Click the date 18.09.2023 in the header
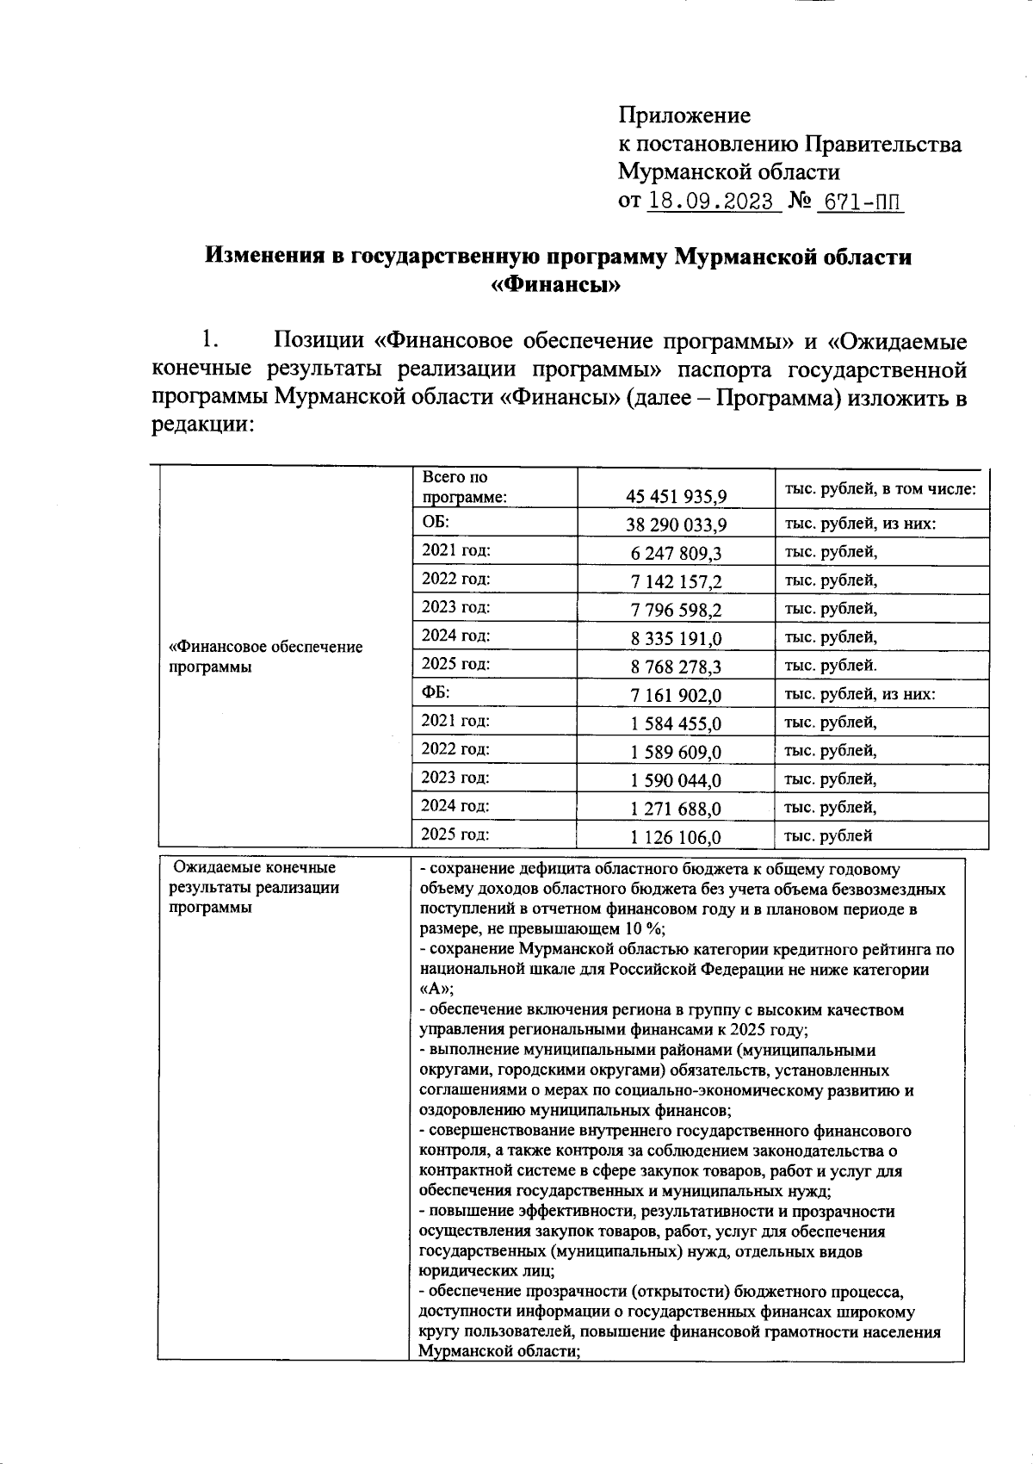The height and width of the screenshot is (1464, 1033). [710, 202]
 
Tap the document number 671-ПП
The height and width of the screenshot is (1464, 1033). [860, 202]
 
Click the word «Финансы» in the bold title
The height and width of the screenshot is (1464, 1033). [557, 285]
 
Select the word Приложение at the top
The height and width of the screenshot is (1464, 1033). [684, 115]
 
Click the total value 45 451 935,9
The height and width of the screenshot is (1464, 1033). [677, 496]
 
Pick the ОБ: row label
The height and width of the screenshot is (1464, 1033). [436, 522]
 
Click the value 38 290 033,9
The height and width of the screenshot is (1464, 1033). [677, 524]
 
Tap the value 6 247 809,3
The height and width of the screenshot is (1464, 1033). [677, 553]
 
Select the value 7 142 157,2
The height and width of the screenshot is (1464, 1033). [677, 581]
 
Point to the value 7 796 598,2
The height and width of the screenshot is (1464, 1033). [677, 610]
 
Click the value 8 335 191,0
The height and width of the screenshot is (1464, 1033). [677, 638]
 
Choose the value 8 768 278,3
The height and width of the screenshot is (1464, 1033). [677, 667]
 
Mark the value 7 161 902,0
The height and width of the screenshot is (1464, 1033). [677, 695]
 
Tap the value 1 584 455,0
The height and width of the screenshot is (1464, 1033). [677, 723]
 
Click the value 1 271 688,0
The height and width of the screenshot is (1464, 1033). [677, 809]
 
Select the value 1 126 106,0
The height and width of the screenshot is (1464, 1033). [677, 837]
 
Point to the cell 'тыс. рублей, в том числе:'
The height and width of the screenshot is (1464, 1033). [879, 488]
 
